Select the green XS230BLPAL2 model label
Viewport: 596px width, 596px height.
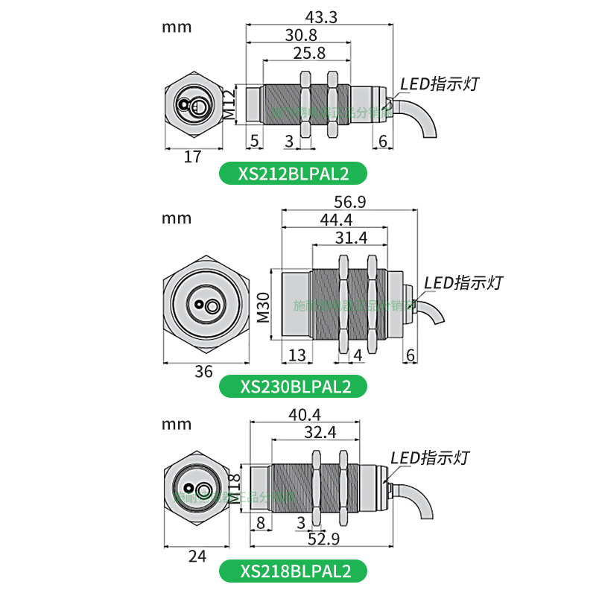point(294,386)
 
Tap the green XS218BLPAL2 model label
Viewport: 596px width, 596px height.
point(294,571)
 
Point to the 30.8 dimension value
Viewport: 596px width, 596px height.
point(299,34)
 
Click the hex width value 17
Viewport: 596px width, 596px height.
point(192,156)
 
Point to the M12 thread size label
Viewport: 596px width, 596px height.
point(230,104)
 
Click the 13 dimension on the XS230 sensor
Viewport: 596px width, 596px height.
point(297,355)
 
